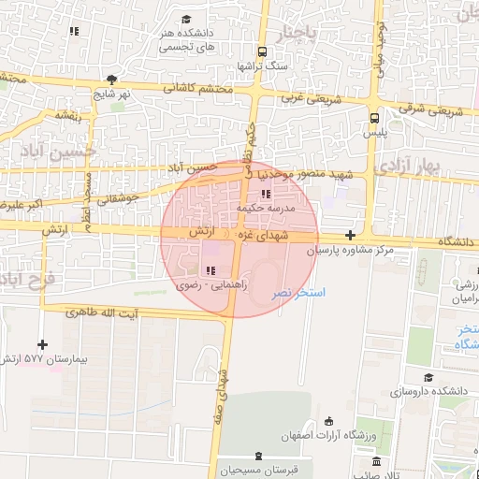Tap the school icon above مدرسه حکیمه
coord(267,195)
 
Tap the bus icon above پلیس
coord(374,119)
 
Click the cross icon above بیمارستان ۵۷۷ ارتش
coord(42,344)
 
